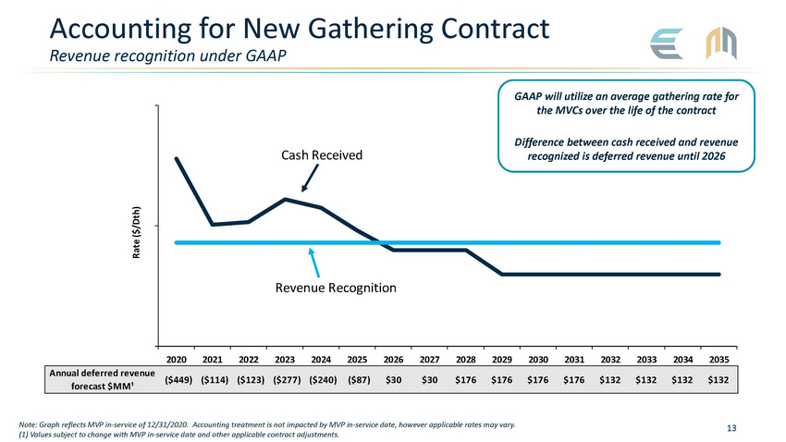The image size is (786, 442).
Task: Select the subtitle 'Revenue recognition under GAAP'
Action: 167,55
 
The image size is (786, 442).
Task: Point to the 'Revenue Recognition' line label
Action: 336,289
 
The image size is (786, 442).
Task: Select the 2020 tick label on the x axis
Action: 177,360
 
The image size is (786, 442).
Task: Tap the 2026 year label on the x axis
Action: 393,360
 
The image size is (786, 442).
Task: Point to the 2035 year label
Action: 718,360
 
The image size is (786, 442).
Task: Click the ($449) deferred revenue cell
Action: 177,379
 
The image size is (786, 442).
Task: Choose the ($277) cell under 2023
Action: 285,379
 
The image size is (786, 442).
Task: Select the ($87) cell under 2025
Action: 357,379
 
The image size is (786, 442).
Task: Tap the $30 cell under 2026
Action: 393,379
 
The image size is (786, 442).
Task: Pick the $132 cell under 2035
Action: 718,379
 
